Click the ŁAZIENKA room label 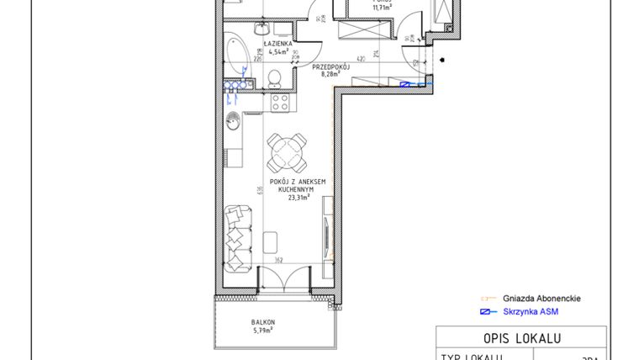[x=277, y=42]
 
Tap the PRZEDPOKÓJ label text [x=330, y=66]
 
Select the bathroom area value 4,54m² [x=277, y=50]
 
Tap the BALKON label [x=263, y=322]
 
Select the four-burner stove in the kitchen [x=280, y=103]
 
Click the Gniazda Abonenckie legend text [x=541, y=298]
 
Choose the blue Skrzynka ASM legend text [x=530, y=312]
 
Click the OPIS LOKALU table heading [x=522, y=338]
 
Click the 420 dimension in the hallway [x=359, y=60]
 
